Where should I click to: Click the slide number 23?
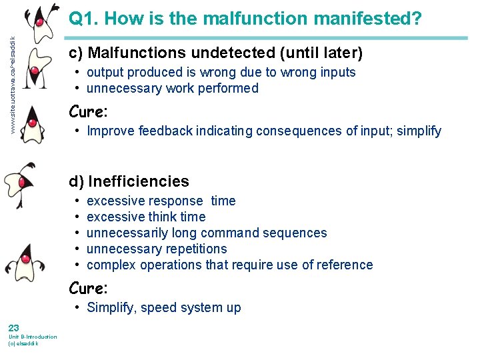[x=13, y=327]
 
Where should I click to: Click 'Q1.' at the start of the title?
[x=85, y=19]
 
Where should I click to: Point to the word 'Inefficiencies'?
[x=139, y=181]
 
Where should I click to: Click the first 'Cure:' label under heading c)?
[x=89, y=111]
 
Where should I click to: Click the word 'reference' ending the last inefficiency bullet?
[x=345, y=265]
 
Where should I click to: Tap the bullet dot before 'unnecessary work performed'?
[x=78, y=88]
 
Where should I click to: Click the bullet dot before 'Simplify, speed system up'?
[x=78, y=307]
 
